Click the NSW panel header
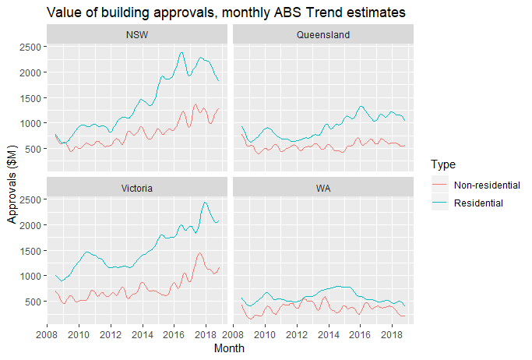[137, 35]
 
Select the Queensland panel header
[323, 35]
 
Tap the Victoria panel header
[137, 188]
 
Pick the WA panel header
[323, 188]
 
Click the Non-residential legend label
[487, 185]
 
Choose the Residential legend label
[479, 203]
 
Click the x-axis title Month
[230, 348]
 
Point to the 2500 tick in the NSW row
[30, 47]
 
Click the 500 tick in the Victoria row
[33, 302]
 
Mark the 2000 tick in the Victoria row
[30, 225]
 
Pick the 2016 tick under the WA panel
[361, 334]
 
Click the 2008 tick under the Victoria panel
[47, 334]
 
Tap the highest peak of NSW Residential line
[181, 52]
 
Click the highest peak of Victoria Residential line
[205, 203]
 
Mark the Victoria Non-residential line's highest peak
[199, 252]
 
